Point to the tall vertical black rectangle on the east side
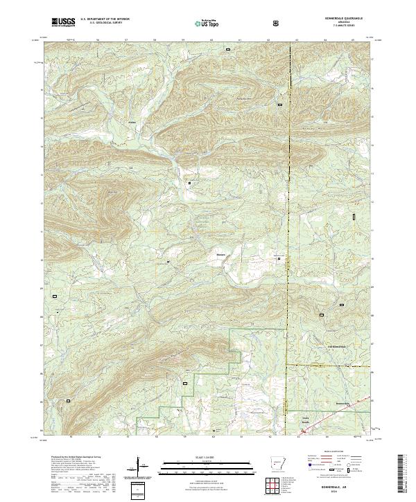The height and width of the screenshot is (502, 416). (355, 216)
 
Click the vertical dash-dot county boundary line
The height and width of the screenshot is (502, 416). (289, 208)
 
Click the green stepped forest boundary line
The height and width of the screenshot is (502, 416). (201, 375)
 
